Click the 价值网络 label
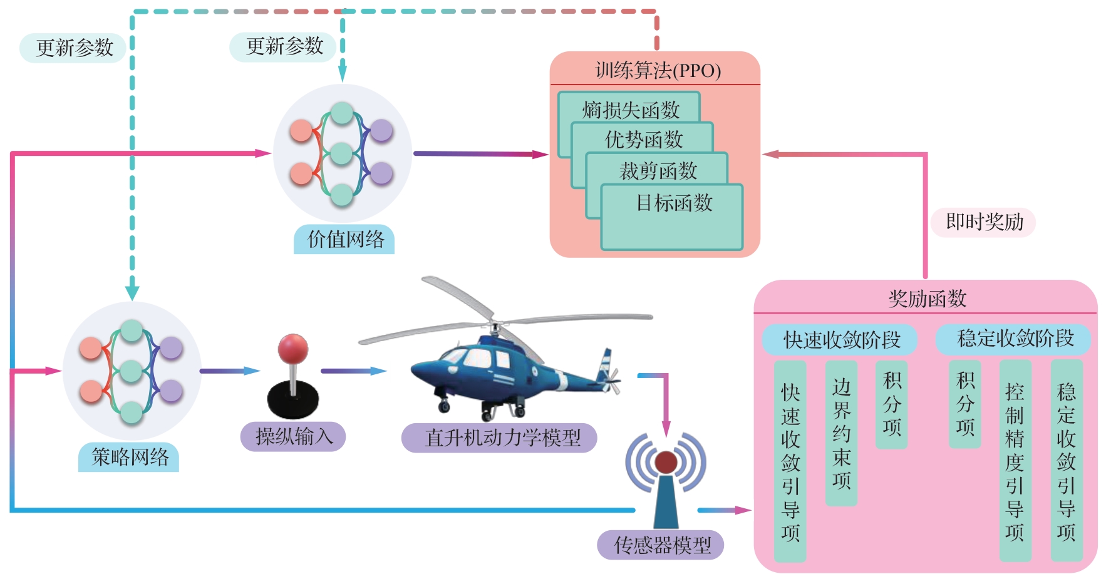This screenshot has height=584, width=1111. click(344, 240)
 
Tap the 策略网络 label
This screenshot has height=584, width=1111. click(129, 457)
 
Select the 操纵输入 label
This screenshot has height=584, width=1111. click(293, 436)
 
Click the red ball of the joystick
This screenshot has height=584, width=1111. click(292, 348)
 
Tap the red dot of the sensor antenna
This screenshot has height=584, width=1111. click(666, 463)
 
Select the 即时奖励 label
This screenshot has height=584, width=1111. click(983, 222)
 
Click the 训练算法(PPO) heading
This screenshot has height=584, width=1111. click(658, 70)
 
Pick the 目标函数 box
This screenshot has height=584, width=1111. click(673, 216)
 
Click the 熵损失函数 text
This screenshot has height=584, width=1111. click(630, 110)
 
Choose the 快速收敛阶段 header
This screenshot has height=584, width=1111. click(841, 340)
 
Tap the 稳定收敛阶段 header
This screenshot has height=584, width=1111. click(1015, 339)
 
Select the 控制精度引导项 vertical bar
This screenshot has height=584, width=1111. click(1015, 460)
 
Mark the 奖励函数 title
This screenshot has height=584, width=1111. click(927, 299)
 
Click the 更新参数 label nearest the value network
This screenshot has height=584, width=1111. click(284, 46)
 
